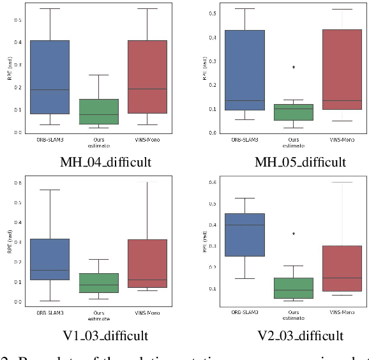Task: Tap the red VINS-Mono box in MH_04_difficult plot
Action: pos(147,77)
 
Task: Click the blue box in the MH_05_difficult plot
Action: pos(244,70)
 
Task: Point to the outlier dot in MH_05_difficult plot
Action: pos(294,66)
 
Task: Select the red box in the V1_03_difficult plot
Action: pos(147,254)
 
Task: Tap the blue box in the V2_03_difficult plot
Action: pos(244,234)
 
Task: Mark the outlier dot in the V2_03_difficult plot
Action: pos(294,234)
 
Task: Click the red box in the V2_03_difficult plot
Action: pos(342,268)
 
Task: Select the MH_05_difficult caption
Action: pos(300,161)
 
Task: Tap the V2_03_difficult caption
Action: pos(300,335)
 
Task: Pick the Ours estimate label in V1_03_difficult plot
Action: pos(98,315)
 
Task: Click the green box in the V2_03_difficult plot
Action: pos(294,288)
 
